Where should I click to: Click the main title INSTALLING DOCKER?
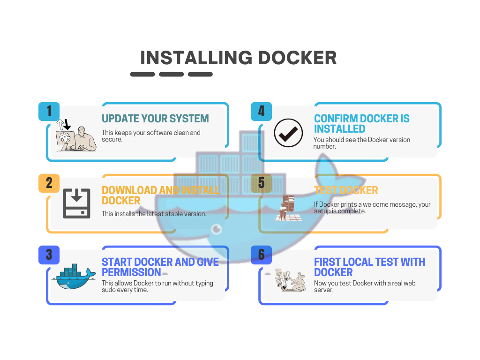click(x=239, y=58)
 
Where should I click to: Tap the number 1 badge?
click(x=49, y=112)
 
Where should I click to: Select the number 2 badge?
click(x=49, y=183)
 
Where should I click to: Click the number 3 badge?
click(x=49, y=255)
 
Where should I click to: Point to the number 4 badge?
click(x=261, y=112)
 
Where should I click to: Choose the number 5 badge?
click(x=261, y=183)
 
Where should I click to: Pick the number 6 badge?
click(x=261, y=255)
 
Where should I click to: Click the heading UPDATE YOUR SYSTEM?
click(x=155, y=119)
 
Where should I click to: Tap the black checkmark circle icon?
click(x=288, y=133)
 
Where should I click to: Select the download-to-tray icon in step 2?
click(x=76, y=203)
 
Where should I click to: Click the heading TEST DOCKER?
click(x=346, y=190)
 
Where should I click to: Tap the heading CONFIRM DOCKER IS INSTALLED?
click(x=361, y=124)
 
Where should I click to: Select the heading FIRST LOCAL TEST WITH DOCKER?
click(x=369, y=267)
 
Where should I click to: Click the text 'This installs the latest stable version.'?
click(x=154, y=214)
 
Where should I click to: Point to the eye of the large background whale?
click(x=216, y=229)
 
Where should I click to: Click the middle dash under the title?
click(x=171, y=74)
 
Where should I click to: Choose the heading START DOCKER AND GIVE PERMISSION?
click(x=160, y=267)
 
